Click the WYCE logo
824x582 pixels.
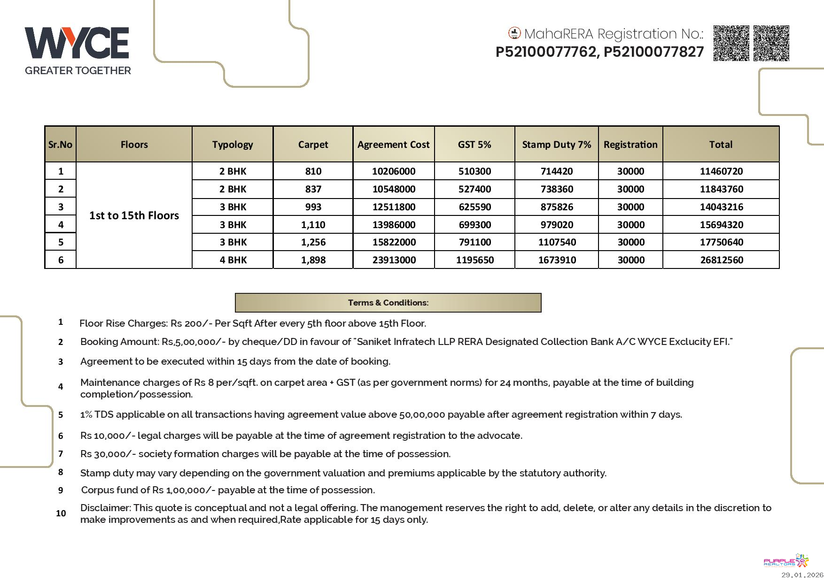pos(77,43)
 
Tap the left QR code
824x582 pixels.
pos(731,43)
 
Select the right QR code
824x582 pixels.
pos(771,43)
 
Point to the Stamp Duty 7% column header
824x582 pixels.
pos(556,145)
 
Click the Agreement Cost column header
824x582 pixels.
pos(393,145)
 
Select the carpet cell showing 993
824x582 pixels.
pos(313,207)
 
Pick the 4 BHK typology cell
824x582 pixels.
pos(233,260)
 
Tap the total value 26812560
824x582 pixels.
pos(721,260)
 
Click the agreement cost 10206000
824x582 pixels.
pos(393,171)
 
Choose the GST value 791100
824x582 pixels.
pos(474,242)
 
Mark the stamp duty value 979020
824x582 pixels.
pos(556,225)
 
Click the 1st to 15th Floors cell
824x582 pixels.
pos(134,215)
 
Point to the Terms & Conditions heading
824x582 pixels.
pos(388,303)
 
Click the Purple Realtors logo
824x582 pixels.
pos(786,561)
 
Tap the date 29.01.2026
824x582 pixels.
pos(802,575)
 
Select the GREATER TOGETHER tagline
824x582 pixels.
pos(78,71)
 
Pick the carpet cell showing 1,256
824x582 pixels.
pos(313,242)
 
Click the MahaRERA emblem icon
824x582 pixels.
pos(514,33)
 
